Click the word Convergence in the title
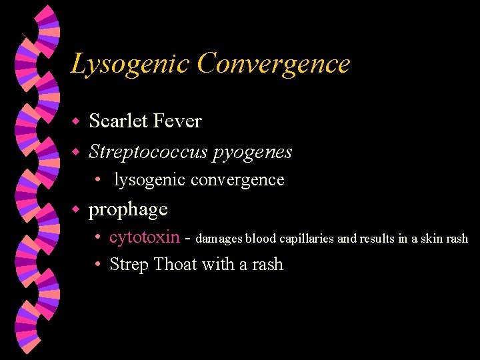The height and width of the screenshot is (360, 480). (273, 64)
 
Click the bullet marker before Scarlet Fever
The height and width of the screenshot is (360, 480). (76, 122)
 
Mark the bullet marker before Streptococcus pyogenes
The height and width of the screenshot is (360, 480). (76, 153)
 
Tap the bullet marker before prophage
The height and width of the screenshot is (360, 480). (76, 210)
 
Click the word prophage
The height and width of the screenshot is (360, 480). (128, 210)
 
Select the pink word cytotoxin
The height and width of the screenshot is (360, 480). (145, 237)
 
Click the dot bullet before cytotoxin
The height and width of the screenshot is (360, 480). (97, 238)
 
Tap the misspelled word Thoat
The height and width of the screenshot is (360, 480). (175, 264)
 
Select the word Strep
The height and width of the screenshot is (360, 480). (129, 265)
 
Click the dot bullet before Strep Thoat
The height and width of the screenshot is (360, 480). (97, 265)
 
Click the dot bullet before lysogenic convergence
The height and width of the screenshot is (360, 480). (97, 180)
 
